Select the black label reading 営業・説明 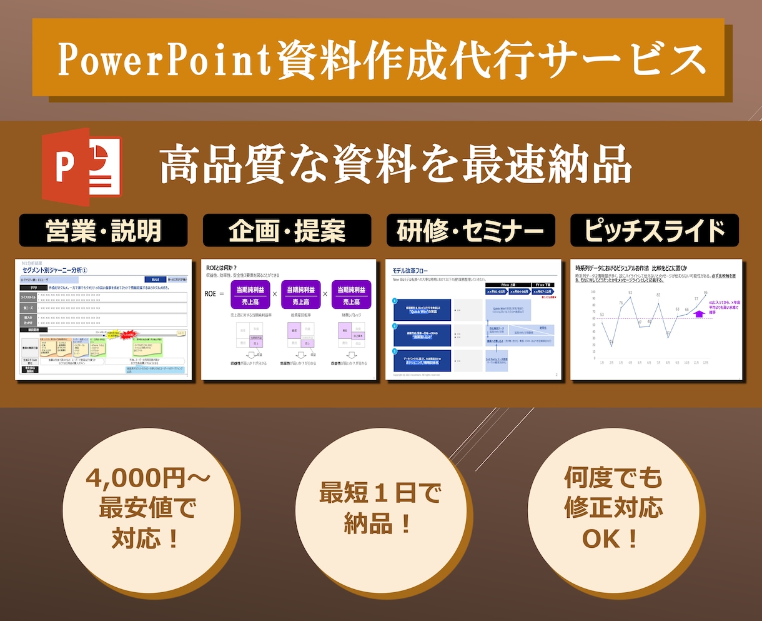pyautogui.click(x=103, y=231)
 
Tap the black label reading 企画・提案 pyautogui.click(x=287, y=231)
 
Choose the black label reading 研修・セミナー pyautogui.click(x=470, y=231)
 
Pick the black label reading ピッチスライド pyautogui.click(x=654, y=231)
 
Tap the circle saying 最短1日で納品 pyautogui.click(x=380, y=508)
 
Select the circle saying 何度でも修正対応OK pyautogui.click(x=613, y=508)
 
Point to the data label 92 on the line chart pyautogui.click(x=630, y=292)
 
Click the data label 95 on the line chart pyautogui.click(x=706, y=293)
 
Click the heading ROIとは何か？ pyautogui.click(x=222, y=268)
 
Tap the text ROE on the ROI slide pyautogui.click(x=210, y=294)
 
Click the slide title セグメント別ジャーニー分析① pyautogui.click(x=55, y=270)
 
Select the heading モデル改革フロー pyautogui.click(x=410, y=271)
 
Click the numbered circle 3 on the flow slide pyautogui.click(x=395, y=352)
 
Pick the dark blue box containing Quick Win pyautogui.click(x=423, y=310)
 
